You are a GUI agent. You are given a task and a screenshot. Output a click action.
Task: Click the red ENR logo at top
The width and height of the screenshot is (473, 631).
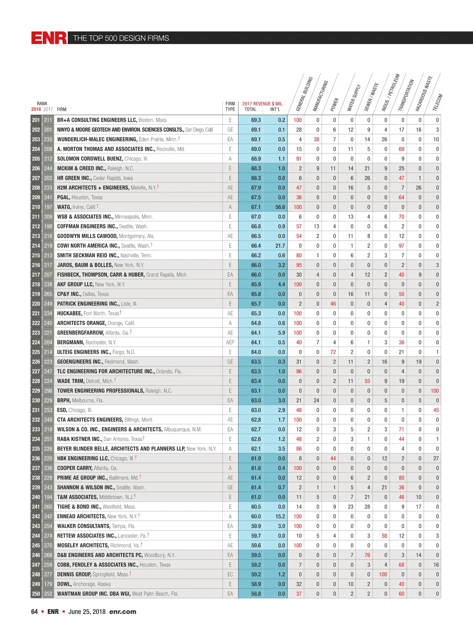[x=49, y=38]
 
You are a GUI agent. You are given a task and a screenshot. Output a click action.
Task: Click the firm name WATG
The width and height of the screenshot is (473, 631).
[x=64, y=207]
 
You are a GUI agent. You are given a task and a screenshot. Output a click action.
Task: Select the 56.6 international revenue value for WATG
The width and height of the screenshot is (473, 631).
[x=280, y=207]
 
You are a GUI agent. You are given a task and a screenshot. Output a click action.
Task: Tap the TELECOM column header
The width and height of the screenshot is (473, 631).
[x=438, y=103]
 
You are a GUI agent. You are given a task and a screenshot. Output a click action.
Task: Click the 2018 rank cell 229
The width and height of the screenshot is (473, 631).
[x=36, y=391]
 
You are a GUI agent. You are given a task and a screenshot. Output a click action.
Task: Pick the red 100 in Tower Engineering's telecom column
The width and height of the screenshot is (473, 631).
[x=434, y=391]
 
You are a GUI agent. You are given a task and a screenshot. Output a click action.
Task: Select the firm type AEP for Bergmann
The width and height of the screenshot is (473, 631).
[x=230, y=342]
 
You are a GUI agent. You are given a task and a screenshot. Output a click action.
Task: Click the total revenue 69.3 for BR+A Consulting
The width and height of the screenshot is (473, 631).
[x=256, y=120]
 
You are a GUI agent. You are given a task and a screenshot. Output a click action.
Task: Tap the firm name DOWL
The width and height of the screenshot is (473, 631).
[x=64, y=584]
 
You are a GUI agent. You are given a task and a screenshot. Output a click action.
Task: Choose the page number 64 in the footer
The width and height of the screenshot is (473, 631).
[x=34, y=612]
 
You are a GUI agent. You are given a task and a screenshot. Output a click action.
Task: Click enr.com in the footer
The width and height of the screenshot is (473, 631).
[x=123, y=612]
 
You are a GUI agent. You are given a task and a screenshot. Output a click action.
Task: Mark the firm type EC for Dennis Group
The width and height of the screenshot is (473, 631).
[x=230, y=574]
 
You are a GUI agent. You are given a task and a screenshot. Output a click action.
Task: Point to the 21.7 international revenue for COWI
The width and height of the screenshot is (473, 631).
[x=280, y=246]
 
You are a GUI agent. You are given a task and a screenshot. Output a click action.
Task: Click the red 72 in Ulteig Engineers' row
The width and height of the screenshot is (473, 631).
[x=333, y=352]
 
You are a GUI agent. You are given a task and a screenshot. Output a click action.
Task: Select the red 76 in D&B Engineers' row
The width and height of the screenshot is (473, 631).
[x=367, y=555]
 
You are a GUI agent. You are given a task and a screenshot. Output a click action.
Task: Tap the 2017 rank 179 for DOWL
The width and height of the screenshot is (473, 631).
[x=48, y=584]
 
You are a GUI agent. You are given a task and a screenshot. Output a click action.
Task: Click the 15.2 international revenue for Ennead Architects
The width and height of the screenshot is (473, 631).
[x=280, y=516]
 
